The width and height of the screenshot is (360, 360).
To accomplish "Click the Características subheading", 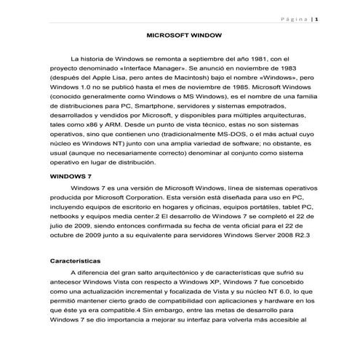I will [x=76, y=260].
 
